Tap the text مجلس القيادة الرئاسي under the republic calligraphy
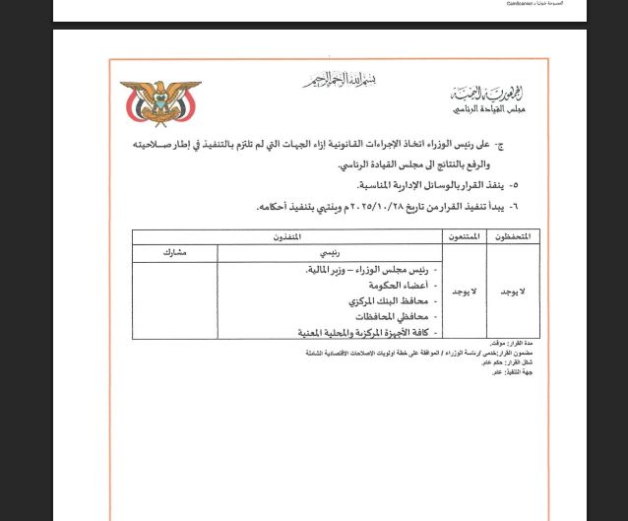(x=493, y=111)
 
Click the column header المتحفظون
(x=509, y=236)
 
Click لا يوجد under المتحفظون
(x=509, y=293)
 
